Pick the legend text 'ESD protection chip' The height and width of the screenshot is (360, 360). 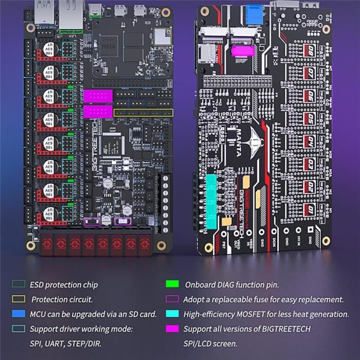coord(63,284)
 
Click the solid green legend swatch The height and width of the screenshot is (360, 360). coord(172,284)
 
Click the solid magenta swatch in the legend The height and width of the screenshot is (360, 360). coord(172,329)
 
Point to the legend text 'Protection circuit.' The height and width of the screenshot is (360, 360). coord(62,299)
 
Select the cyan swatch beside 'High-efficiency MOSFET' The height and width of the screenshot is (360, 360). coord(172,314)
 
